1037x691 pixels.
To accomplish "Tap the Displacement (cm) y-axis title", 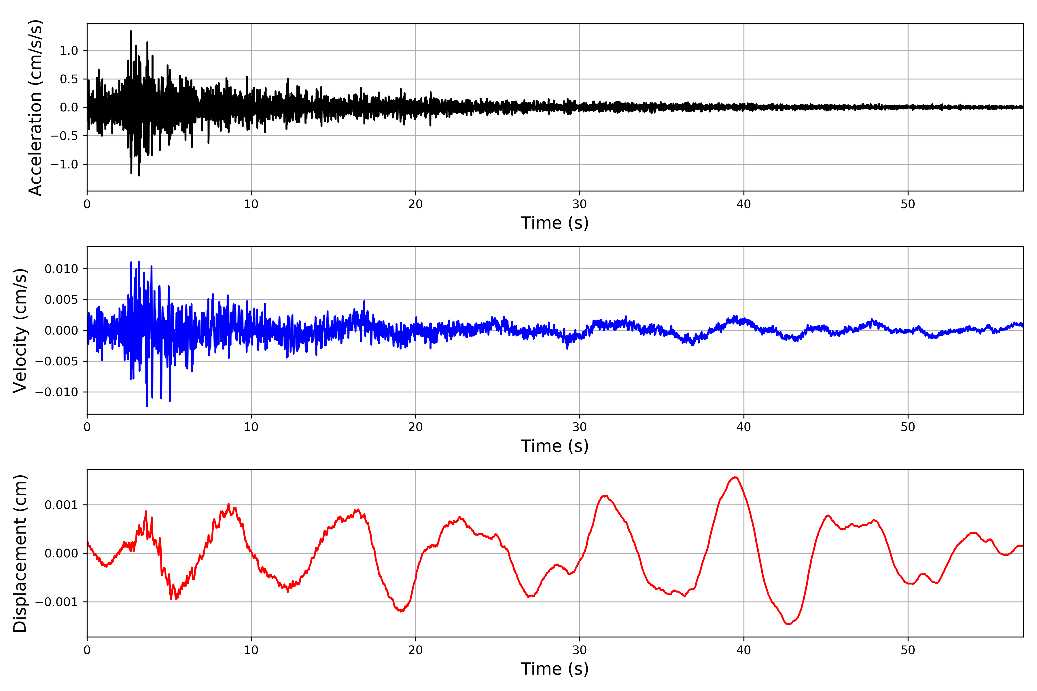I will point(20,553).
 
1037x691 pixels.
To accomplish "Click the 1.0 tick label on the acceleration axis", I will point(69,51).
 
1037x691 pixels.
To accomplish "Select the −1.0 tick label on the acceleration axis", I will point(64,164).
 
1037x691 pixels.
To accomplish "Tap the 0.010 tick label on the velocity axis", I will point(61,269).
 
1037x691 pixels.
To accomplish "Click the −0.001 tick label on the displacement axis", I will point(56,602).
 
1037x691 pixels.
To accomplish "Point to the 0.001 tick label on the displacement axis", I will point(61,505).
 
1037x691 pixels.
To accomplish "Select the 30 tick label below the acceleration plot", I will point(579,204).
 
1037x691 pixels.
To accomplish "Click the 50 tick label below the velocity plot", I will point(908,427).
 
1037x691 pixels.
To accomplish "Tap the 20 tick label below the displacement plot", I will point(415,650).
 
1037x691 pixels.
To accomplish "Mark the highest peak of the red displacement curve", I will point(736,477).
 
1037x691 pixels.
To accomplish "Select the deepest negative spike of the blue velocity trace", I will point(147,406).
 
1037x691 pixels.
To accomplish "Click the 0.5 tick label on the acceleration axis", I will point(69,79).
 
